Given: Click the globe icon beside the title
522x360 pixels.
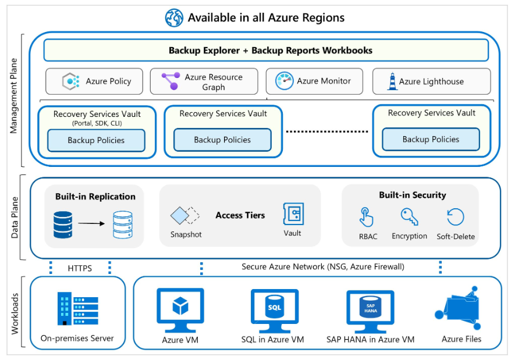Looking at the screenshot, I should coord(174,17).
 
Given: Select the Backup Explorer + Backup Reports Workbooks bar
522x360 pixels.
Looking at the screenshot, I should coord(266,50).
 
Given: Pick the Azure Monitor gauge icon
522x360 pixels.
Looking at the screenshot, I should coord(285,81).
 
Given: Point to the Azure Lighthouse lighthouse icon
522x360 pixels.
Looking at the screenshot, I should coord(392,81).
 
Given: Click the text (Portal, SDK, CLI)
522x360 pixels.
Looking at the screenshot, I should coord(97,123).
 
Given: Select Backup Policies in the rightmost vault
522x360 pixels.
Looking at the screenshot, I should coord(431,140).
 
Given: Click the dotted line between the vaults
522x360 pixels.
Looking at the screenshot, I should coord(327,131).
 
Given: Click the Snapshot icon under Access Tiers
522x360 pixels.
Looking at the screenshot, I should coord(184,216).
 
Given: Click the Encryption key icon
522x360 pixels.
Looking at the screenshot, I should coord(409,217).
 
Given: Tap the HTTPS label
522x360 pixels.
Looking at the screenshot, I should coord(80,268).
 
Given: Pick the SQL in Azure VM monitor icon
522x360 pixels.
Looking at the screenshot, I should coord(274,309).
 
